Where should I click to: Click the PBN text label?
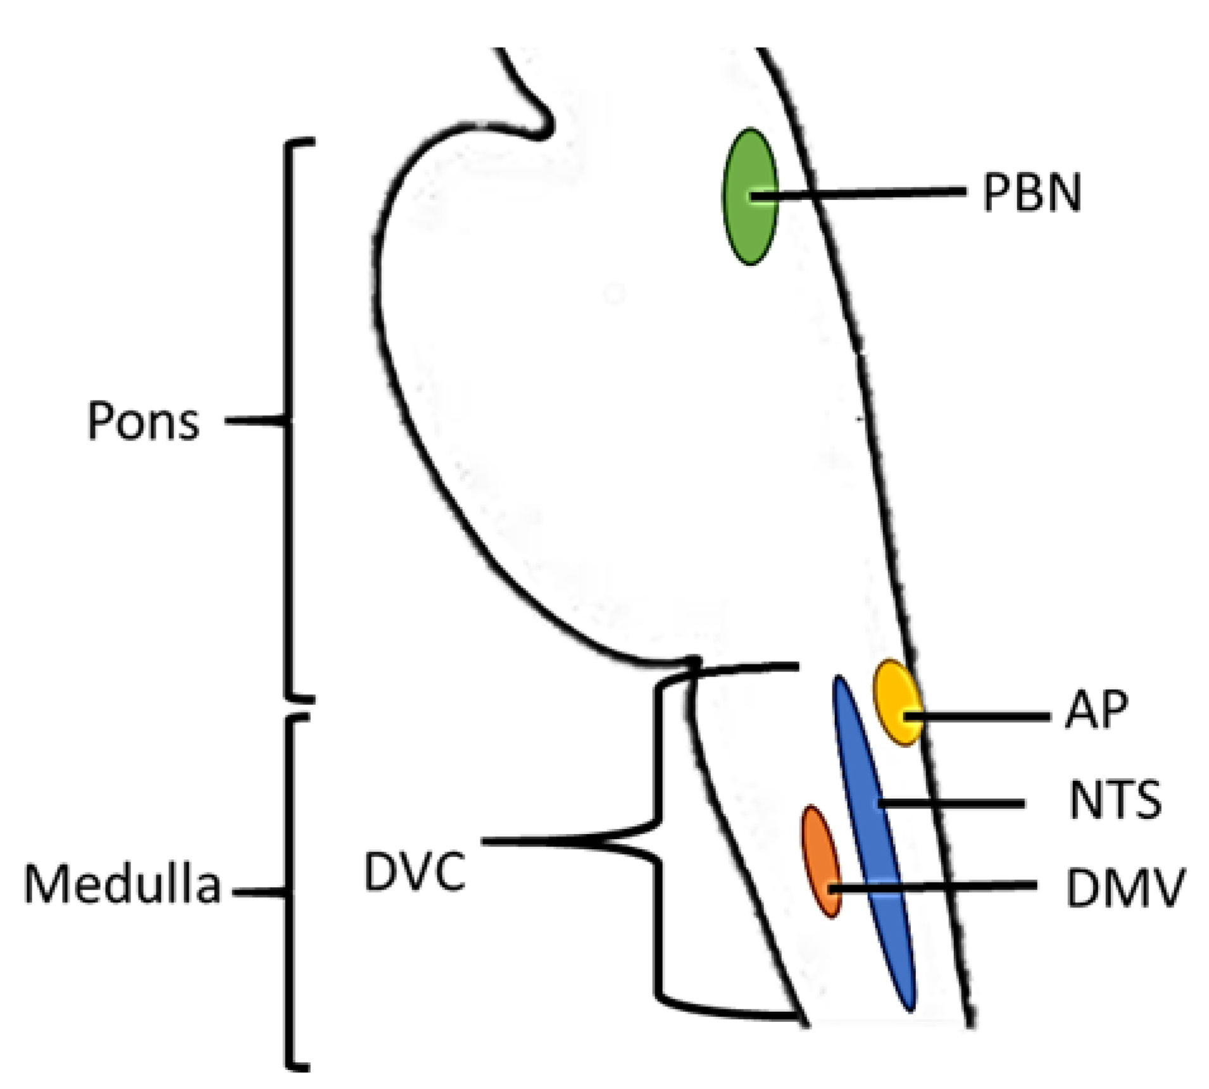[1032, 192]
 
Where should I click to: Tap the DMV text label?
[1124, 888]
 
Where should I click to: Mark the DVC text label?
[415, 873]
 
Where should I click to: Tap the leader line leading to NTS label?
[956, 804]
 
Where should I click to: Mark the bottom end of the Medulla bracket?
[301, 1067]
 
